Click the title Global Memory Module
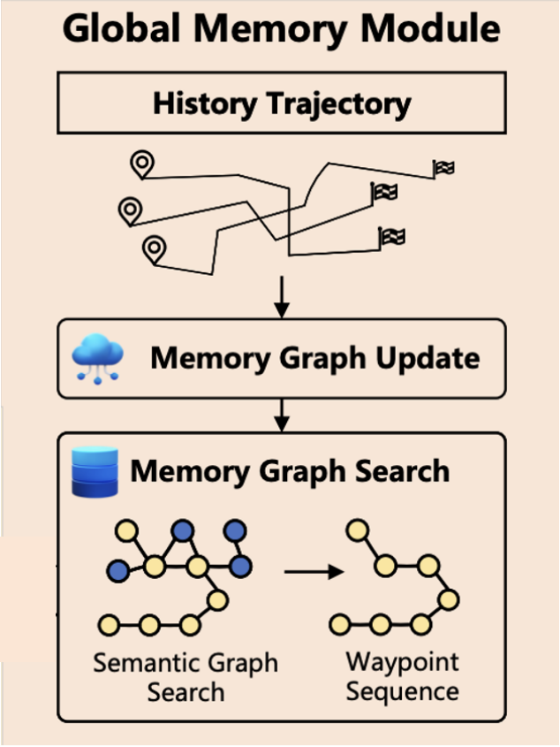(282, 30)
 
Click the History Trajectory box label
(282, 103)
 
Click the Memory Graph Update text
(315, 358)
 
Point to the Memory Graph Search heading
(290, 470)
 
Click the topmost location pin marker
(141, 164)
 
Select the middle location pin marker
(130, 210)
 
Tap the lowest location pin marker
(155, 248)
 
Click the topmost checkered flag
(443, 167)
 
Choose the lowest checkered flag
(392, 236)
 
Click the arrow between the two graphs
(313, 572)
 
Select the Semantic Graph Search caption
(186, 676)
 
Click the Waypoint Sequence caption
(402, 675)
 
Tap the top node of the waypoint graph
(357, 531)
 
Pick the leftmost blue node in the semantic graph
(117, 571)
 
